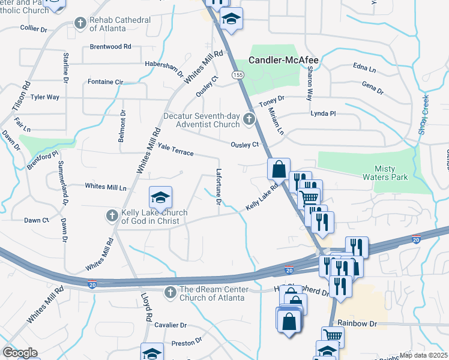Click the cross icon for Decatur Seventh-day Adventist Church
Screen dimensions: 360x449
[249, 121]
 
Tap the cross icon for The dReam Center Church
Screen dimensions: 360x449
[170, 292]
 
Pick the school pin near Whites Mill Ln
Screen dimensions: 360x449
[160, 197]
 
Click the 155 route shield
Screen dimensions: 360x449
[238, 74]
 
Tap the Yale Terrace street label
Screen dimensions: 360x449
[176, 149]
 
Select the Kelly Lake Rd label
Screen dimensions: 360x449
[263, 198]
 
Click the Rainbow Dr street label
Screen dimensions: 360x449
[357, 323]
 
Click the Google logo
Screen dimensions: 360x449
[20, 352]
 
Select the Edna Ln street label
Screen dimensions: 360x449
[364, 67]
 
